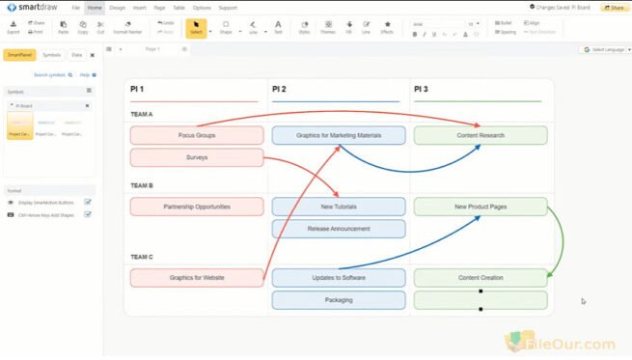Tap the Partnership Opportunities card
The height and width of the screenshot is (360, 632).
197,207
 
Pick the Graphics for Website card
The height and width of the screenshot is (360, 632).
197,278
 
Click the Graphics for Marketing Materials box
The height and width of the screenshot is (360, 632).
338,135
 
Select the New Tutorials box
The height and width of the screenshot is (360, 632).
339,207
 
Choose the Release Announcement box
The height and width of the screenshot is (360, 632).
339,229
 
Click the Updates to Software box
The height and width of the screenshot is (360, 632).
339,278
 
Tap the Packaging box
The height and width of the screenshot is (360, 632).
339,300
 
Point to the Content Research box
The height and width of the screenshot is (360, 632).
481,135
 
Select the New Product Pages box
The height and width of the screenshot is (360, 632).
481,207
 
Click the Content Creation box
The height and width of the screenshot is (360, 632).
481,278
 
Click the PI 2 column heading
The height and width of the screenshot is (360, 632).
280,90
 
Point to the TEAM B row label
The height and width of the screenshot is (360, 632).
142,185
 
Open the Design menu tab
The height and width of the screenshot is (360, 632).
117,8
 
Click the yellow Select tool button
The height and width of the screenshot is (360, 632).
195,26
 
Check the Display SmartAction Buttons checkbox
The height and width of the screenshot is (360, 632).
88,202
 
